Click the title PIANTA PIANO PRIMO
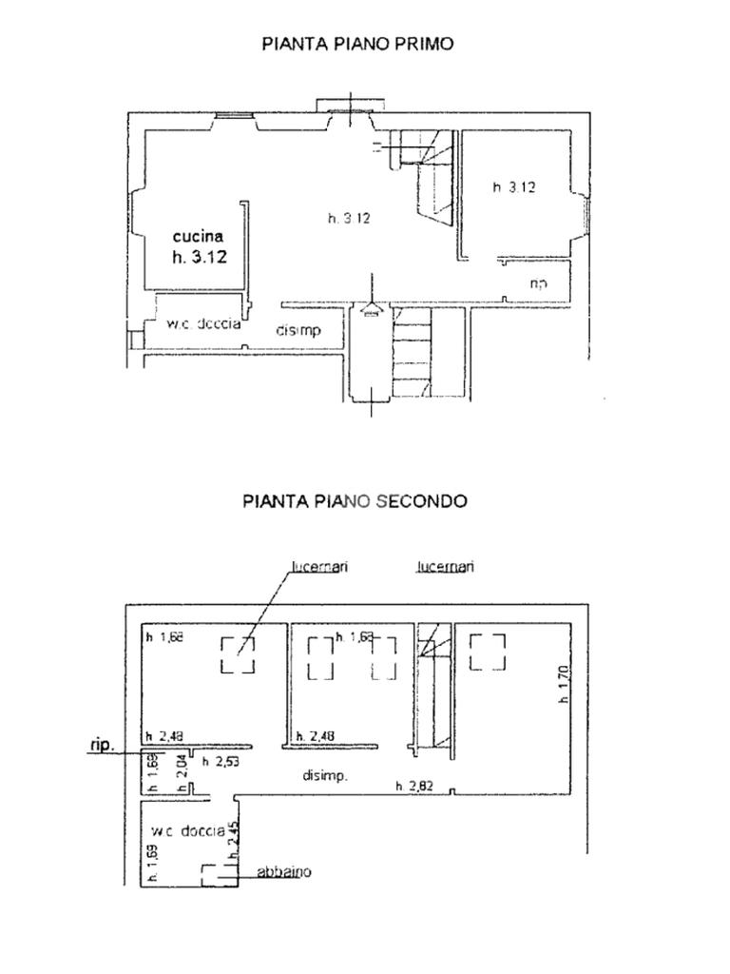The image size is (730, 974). pos(357,44)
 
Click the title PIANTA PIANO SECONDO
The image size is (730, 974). pos(355,500)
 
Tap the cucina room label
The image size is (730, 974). pos(198,236)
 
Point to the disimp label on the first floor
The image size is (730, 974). pos(298,331)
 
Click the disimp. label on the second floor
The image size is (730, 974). pos(325,776)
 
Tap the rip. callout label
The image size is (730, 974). pos(102,746)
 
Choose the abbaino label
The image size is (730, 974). pos(284,872)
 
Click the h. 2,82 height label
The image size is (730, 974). pos(414,786)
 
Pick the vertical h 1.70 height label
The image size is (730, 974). pos(563,684)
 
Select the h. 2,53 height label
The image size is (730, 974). pos(221,762)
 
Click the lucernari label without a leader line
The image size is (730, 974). pos(445,567)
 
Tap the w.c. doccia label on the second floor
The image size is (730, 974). pos(187,831)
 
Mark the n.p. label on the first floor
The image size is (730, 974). pos(537,283)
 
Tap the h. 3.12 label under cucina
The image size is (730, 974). pos(200,256)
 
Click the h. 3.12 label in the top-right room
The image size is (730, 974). pos(513,187)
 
